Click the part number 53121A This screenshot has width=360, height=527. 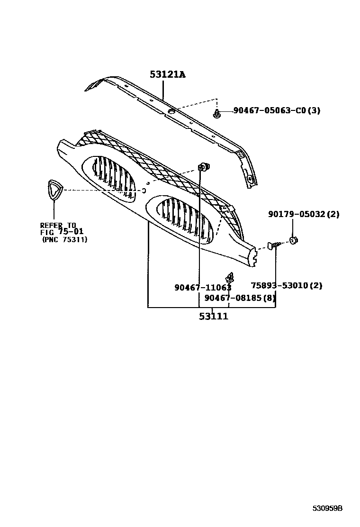tap(167, 74)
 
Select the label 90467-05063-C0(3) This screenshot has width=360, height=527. tap(277, 111)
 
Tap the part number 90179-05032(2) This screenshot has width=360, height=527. tap(304, 214)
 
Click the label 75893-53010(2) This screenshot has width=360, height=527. tap(286, 285)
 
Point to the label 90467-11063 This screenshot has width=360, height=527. tap(203, 287)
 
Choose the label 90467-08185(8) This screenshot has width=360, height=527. tap(239, 298)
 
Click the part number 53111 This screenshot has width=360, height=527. tap(213, 316)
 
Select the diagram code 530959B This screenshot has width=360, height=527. tap(327, 509)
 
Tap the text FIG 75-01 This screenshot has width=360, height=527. tap(61, 232)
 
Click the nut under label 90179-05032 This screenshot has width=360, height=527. tap(293, 240)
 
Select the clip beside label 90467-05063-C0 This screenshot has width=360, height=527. tap(217, 114)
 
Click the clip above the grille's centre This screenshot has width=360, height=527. tap(204, 167)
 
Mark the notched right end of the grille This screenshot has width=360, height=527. tap(253, 254)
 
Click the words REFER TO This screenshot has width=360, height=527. tap(58, 225)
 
